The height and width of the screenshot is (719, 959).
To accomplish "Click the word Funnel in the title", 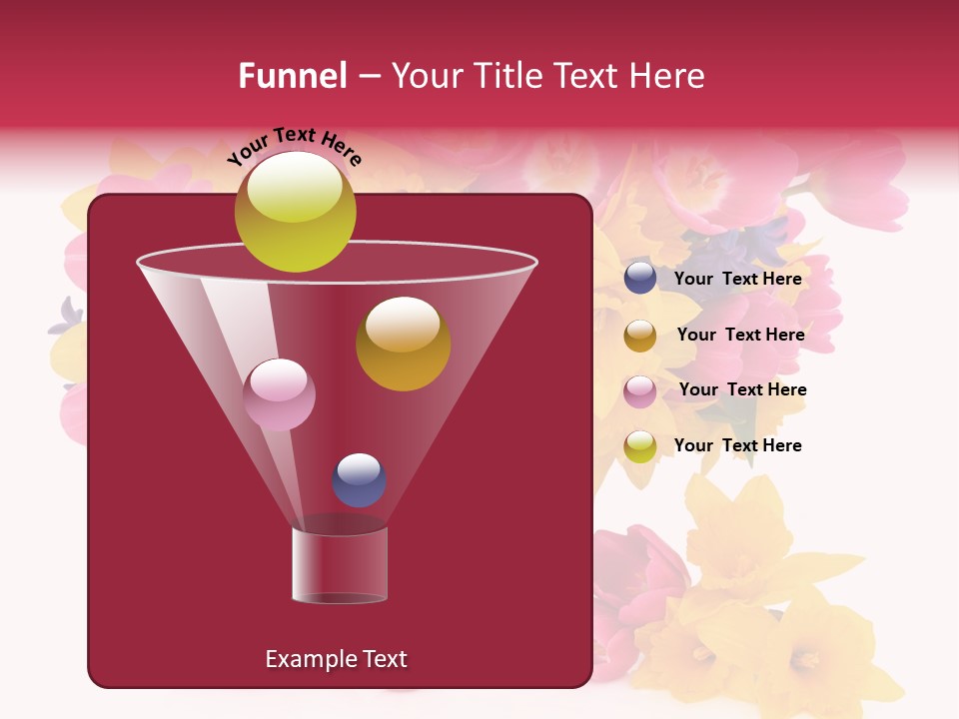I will click(292, 76).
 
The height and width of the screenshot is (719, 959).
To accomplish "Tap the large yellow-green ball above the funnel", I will click(295, 212).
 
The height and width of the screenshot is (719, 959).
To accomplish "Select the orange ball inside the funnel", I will click(403, 344).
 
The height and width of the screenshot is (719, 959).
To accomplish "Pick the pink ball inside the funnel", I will click(279, 394).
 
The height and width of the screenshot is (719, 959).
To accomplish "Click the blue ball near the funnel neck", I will click(359, 480).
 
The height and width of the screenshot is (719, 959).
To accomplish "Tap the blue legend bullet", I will click(640, 279).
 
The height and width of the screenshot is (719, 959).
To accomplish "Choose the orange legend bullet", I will click(640, 336).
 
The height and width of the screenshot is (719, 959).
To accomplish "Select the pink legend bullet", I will click(640, 390).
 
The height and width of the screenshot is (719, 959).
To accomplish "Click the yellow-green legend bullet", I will click(640, 446).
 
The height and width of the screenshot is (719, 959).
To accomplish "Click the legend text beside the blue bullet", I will click(737, 279).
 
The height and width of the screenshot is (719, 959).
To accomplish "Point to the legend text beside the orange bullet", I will click(740, 335).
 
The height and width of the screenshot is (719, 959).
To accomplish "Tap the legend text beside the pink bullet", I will click(742, 389).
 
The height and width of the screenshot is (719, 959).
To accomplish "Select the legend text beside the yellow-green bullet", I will click(737, 445).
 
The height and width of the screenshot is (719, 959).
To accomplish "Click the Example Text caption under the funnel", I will click(336, 659).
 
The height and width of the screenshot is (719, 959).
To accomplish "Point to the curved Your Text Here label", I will click(295, 147).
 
